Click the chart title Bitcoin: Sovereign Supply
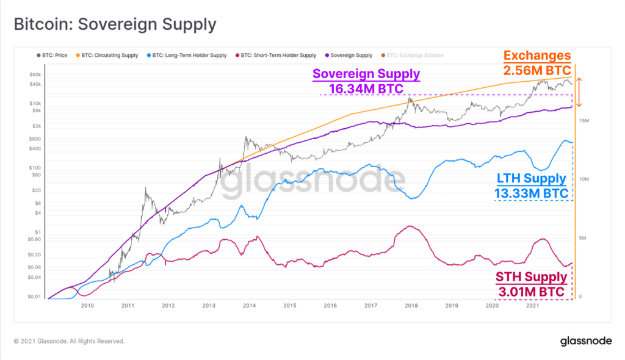point(115,24)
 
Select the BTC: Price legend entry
point(56,55)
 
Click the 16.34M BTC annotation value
point(366,89)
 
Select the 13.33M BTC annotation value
point(531,193)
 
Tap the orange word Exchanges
point(537,56)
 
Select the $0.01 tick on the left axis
point(33,297)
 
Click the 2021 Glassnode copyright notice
point(69,341)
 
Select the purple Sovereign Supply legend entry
point(351,55)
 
